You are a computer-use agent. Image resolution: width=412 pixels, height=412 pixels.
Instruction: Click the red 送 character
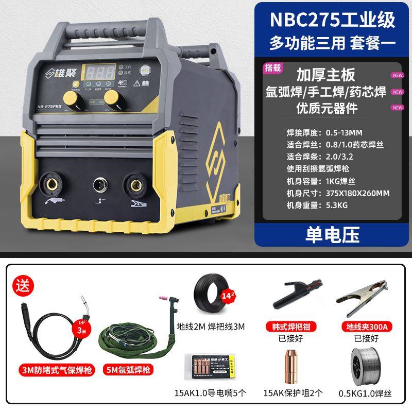pyautogui.click(x=22, y=282)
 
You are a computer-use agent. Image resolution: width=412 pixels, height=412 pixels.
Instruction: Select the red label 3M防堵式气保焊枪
pyautogui.click(x=48, y=369)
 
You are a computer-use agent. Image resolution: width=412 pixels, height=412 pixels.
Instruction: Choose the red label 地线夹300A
pyautogui.click(x=367, y=326)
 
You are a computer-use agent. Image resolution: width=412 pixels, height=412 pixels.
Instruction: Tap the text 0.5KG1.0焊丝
pyautogui.click(x=367, y=394)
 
